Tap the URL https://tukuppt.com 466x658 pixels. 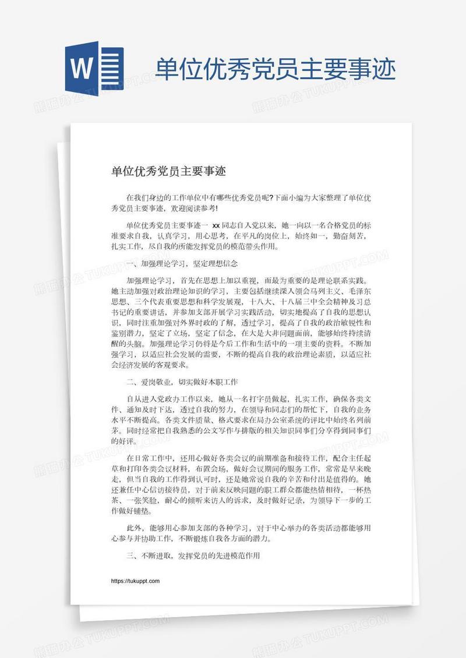coord(135,581)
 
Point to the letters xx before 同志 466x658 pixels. coord(216,224)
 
